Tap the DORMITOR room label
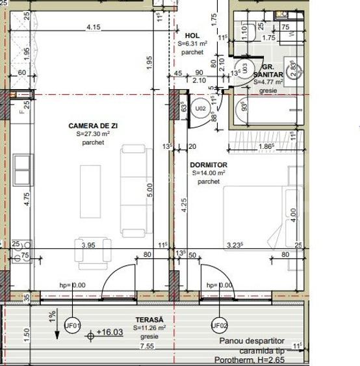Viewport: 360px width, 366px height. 209,166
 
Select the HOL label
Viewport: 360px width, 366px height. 192,36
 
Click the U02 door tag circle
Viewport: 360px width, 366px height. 201,109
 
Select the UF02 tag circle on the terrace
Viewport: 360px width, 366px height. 220,325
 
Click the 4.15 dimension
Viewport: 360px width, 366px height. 93,27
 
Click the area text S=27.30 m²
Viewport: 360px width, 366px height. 92,134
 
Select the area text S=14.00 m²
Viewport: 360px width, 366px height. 209,174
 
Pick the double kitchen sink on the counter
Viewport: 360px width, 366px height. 22,170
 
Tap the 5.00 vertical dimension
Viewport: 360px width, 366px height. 149,190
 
